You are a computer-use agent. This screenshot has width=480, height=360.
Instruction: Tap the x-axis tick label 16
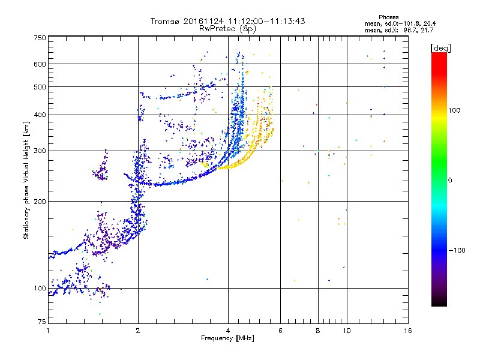407,331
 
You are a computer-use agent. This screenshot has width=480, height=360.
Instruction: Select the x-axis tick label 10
346,331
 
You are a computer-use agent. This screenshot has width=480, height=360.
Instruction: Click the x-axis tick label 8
318,331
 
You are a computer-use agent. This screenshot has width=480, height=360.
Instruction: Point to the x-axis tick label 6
280,331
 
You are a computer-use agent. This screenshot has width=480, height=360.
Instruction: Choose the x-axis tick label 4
228,331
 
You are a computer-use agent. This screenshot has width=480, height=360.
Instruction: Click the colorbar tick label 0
450,180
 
